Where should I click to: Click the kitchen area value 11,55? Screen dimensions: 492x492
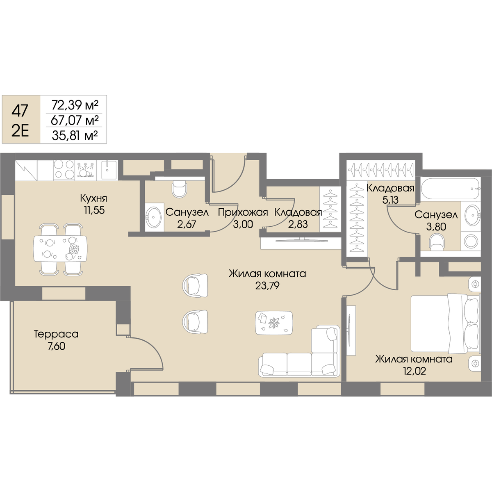(94, 210)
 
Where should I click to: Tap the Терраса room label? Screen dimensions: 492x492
(56, 334)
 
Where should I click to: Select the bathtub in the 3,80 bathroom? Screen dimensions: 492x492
(450, 189)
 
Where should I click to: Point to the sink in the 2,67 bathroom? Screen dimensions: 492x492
(153, 217)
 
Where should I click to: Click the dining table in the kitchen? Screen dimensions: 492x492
(60, 248)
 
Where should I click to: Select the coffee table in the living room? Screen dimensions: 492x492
(274, 323)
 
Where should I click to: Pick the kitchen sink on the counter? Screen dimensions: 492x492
(109, 169)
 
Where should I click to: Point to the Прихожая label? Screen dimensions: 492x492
(243, 213)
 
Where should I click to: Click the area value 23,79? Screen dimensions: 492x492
(267, 286)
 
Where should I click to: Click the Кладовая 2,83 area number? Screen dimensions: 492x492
(298, 224)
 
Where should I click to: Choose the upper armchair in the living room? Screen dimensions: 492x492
(195, 285)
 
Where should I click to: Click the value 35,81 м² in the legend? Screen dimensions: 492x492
(75, 136)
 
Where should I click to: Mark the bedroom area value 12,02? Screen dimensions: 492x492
(414, 371)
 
